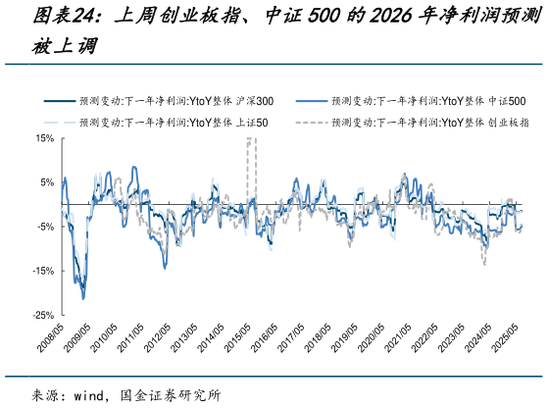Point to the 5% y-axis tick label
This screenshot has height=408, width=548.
pyautogui.click(x=45, y=182)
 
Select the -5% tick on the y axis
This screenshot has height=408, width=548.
pyautogui.click(x=43, y=227)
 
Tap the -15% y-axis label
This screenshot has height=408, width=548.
pyautogui.click(x=41, y=271)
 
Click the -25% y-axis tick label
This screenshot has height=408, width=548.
pyautogui.click(x=41, y=315)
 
